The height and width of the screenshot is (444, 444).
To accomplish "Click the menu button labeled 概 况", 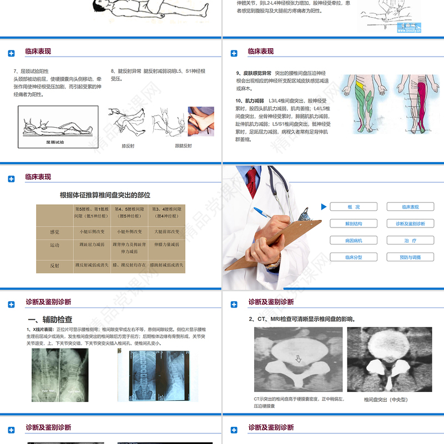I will point(354,207).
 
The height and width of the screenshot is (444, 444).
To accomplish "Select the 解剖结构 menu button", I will point(354,224).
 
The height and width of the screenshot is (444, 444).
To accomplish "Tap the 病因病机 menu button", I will point(354,240).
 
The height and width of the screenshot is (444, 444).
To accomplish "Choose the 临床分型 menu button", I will point(354,257).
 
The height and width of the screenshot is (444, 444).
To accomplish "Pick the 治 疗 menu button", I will point(410,240).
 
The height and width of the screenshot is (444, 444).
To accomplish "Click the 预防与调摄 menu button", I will point(410,257).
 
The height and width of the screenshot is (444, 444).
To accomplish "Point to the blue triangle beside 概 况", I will point(324,207).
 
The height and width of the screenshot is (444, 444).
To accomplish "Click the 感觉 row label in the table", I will point(54,232).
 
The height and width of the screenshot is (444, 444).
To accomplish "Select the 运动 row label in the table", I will point(54,245).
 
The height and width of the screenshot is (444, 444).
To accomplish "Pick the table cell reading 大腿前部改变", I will point(166,231).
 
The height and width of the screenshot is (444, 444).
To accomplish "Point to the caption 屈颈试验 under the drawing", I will point(54,142).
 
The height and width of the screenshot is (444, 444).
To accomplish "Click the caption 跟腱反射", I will point(183,146).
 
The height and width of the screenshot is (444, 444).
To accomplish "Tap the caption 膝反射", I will point(128,146).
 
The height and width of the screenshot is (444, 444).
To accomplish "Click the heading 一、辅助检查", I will point(50,320).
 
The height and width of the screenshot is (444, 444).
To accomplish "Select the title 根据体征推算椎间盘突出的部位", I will point(105,195).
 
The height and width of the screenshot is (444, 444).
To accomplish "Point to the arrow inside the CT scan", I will point(298,359).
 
